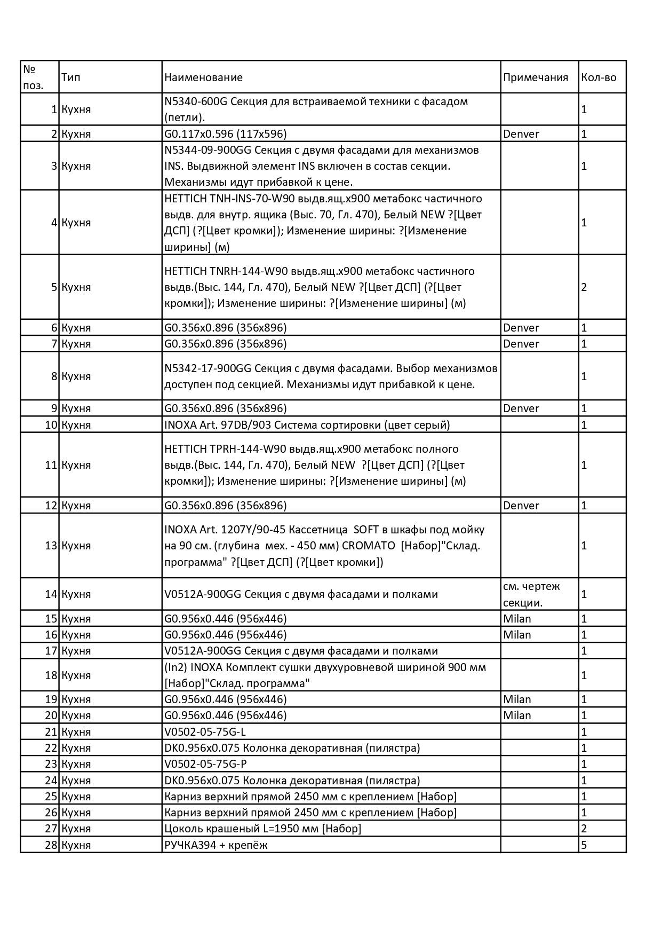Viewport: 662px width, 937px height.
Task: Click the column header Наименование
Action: click(203, 77)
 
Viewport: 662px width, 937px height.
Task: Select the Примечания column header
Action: click(535, 77)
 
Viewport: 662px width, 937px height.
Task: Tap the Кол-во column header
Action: click(599, 77)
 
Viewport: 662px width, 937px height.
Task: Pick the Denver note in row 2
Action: click(521, 134)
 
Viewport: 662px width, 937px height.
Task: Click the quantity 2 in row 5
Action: click(584, 287)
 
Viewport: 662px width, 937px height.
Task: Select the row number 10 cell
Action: click(51, 425)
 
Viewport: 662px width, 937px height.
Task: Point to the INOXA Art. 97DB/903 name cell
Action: click(307, 425)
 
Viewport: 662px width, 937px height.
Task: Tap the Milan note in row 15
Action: click(517, 619)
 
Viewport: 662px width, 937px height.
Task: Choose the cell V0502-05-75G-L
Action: click(205, 732)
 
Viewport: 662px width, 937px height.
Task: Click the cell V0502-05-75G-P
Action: click(205, 764)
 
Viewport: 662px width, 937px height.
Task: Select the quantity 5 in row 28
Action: click(584, 845)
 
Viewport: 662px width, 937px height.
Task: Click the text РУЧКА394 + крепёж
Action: click(216, 845)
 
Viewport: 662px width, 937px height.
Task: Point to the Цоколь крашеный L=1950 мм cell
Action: click(262, 829)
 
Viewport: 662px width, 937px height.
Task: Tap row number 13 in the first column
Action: click(51, 546)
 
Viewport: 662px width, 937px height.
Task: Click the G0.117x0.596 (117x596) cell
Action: click(225, 134)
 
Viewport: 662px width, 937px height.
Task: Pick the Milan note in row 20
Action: click(517, 715)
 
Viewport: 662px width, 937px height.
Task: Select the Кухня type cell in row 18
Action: click(76, 675)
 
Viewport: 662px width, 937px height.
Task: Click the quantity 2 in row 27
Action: click(584, 829)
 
